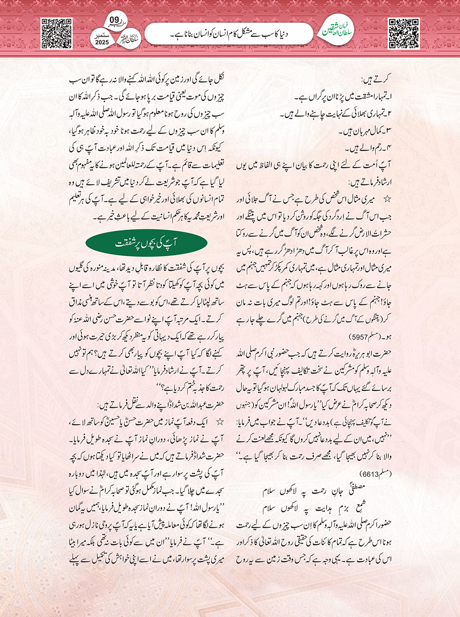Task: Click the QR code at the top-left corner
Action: tap(56, 34)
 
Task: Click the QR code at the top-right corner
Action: tap(404, 34)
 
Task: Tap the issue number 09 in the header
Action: tap(114, 20)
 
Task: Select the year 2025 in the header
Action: tap(102, 42)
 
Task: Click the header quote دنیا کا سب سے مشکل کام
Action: tap(229, 34)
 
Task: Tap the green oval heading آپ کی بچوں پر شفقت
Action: tap(146, 243)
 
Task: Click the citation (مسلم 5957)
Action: tap(367, 336)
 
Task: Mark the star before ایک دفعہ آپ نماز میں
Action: tap(220, 422)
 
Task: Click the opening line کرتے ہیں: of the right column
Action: tap(376, 79)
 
